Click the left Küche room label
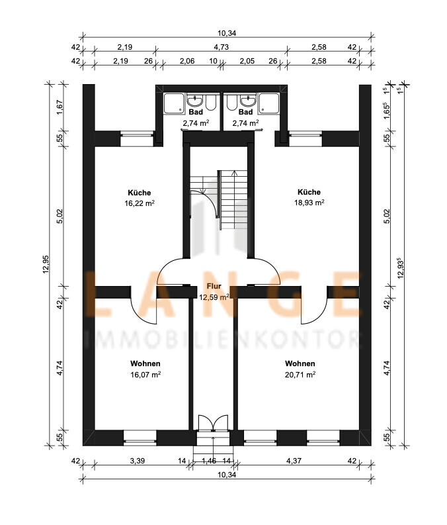[140, 193]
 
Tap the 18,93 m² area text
[309, 203]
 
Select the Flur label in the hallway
[214, 286]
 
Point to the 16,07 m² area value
[145, 375]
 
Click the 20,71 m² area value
[300, 375]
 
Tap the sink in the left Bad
[195, 101]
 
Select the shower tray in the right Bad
[269, 103]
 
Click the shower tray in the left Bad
[173, 103]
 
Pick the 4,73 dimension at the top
[222, 47]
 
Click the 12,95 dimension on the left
[46, 264]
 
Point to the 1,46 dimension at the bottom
[210, 461]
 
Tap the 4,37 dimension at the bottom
[294, 461]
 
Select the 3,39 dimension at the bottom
[138, 461]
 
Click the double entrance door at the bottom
[213, 422]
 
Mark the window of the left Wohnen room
[140, 438]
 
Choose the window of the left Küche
[137, 139]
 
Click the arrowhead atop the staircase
[234, 173]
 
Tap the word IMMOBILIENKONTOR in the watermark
[223, 339]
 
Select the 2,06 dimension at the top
[187, 62]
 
